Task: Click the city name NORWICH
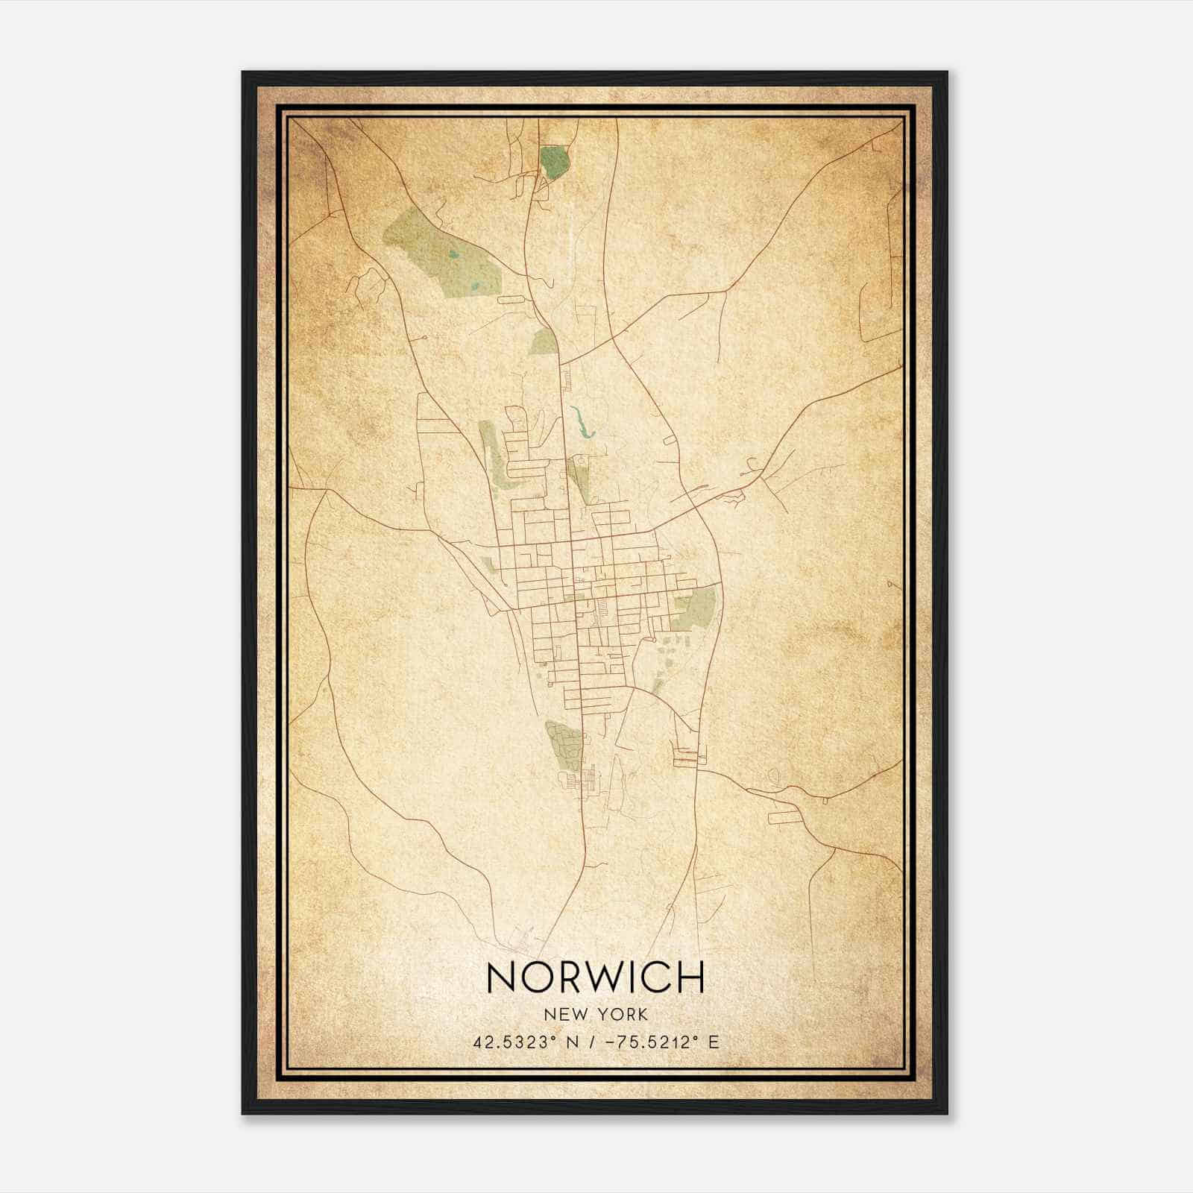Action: tap(595, 978)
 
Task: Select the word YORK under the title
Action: tap(623, 1014)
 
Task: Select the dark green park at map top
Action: tap(553, 162)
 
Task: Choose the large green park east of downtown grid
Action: tap(695, 608)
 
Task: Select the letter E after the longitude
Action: tap(714, 1042)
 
